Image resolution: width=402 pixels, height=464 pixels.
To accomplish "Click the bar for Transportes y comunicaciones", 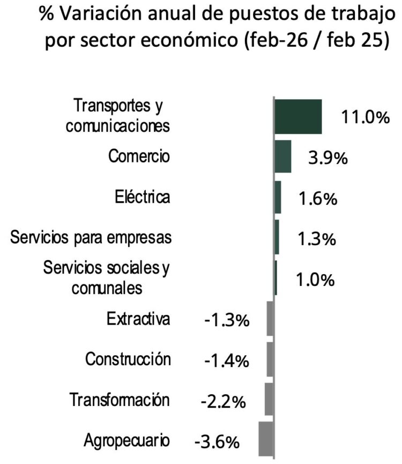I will [298, 116].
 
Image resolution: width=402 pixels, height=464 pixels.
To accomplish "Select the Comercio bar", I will [283, 157].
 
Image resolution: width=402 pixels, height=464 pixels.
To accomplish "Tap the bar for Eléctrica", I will [278, 197].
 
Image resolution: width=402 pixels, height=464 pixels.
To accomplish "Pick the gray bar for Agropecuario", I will [266, 438].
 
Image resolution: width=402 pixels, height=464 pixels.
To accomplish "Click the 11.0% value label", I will [366, 117].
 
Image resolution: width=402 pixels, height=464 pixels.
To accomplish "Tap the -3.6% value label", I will [217, 442].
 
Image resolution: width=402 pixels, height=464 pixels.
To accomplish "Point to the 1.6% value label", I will [317, 198].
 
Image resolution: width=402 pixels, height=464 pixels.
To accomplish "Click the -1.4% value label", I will [227, 361].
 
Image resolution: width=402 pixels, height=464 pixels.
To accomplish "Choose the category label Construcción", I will [128, 359].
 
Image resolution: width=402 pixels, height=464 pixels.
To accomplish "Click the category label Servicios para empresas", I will [91, 237].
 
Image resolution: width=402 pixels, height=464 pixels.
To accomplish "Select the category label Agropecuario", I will [127, 440].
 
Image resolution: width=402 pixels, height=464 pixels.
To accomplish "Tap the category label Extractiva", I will [138, 319].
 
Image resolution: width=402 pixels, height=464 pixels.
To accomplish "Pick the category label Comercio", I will [139, 157].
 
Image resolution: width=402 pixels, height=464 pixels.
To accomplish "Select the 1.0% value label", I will [316, 279].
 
